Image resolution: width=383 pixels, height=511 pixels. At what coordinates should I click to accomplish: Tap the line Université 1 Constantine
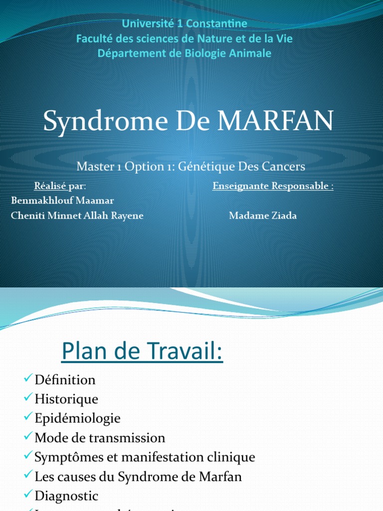point(185,23)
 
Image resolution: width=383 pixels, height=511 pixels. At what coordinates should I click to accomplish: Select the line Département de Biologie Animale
point(185,53)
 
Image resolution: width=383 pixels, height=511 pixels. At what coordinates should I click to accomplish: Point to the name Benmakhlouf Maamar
point(62,200)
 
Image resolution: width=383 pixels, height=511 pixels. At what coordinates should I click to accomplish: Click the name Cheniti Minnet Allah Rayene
point(77,216)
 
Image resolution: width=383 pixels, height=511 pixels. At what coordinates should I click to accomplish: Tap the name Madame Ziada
point(263,216)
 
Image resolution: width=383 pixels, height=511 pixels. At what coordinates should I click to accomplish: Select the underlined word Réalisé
point(50,186)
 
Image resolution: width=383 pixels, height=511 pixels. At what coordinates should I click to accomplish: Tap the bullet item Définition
point(65,380)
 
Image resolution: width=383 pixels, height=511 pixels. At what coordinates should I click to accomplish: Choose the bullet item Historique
point(66,399)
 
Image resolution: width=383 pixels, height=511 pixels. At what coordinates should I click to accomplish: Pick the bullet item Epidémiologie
point(77,418)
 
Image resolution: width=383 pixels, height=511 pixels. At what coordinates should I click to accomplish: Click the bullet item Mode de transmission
point(100,438)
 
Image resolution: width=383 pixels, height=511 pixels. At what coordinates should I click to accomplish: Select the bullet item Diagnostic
point(66,496)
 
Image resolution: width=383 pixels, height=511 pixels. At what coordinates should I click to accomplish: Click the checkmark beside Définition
point(28,379)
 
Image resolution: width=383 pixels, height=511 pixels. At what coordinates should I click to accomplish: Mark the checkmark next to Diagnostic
point(28,495)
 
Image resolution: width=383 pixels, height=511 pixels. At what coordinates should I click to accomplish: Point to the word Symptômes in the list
point(63,457)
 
